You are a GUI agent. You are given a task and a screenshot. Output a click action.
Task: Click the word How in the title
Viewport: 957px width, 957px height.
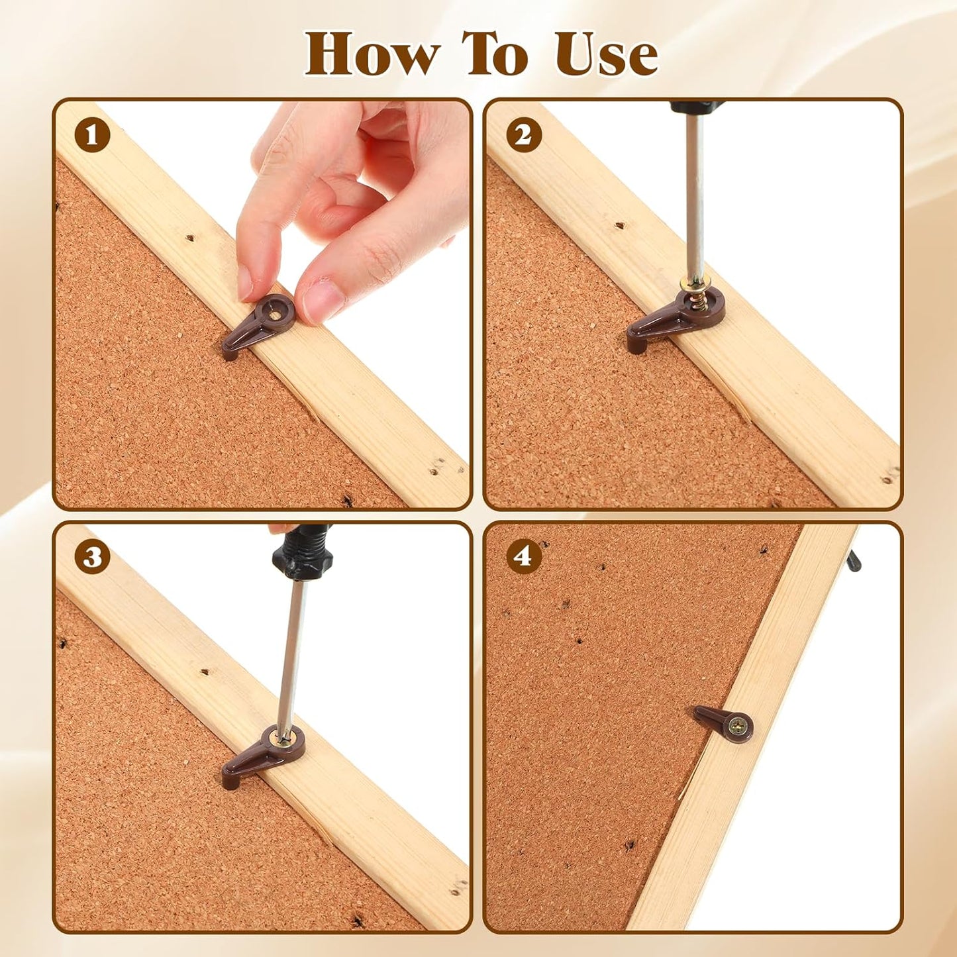pyautogui.click(x=372, y=54)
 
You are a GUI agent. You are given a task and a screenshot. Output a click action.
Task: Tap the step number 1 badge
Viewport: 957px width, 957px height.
pyautogui.click(x=92, y=136)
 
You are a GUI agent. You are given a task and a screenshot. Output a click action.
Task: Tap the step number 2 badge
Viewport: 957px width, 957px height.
pyautogui.click(x=524, y=136)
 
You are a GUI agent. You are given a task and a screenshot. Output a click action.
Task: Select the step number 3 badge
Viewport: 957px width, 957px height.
pyautogui.click(x=92, y=557)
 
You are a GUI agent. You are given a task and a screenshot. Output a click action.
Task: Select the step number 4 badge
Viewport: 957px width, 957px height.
pyautogui.click(x=524, y=557)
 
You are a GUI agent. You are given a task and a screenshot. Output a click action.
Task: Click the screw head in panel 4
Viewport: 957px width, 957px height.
pyautogui.click(x=737, y=728)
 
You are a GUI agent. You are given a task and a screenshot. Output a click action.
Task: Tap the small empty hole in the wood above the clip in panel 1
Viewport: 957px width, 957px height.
pyautogui.click(x=190, y=237)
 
